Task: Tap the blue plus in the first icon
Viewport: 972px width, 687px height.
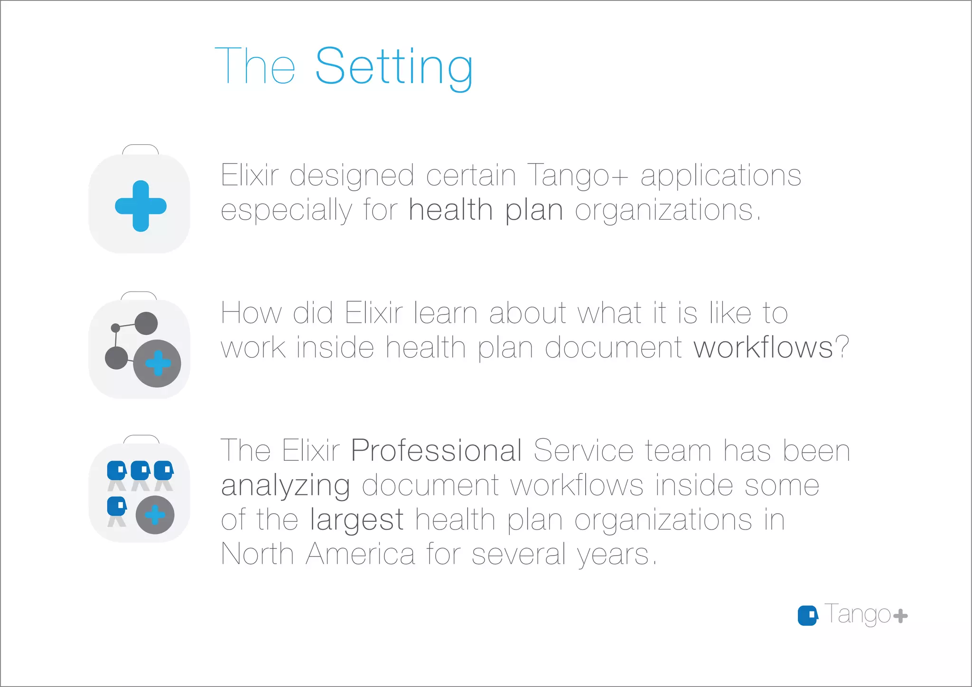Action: pos(140,206)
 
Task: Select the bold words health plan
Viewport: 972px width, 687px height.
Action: pos(486,210)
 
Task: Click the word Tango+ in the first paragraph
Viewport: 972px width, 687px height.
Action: pos(577,176)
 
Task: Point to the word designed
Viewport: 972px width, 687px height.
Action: pos(351,176)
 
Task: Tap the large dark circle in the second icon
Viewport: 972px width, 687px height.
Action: pos(157,363)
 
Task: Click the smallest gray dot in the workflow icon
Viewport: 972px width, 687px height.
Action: pos(115,328)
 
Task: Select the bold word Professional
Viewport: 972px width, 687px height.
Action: pos(436,450)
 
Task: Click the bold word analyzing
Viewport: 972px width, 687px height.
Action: pos(286,485)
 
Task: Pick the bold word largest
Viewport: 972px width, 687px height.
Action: pos(356,520)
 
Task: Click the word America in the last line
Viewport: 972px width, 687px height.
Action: pos(360,554)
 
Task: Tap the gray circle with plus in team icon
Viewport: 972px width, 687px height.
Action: pos(155,515)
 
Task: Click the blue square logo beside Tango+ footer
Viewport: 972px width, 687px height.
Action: pos(807,615)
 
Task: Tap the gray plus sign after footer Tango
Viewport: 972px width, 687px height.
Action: pos(900,616)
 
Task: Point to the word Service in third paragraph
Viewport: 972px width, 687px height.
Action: pos(583,450)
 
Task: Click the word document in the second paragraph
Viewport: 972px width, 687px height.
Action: pos(613,348)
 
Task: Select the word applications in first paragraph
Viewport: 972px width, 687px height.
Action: pos(720,176)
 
